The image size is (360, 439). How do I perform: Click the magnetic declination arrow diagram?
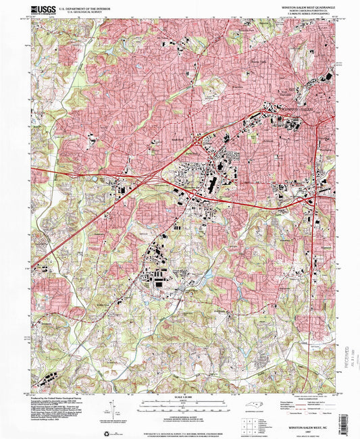point(111,407)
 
